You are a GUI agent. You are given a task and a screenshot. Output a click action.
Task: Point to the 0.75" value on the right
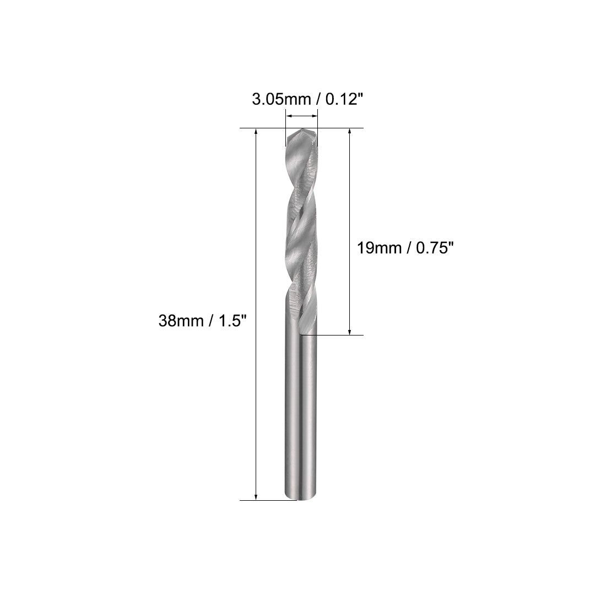point(432,248)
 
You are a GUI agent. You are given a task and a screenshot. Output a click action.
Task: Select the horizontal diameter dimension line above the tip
point(301,116)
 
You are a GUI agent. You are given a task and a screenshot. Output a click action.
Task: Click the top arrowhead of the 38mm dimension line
point(256,132)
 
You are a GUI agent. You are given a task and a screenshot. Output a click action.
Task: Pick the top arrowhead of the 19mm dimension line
point(350,132)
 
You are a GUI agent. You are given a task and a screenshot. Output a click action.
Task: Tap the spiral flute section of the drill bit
point(301,231)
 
